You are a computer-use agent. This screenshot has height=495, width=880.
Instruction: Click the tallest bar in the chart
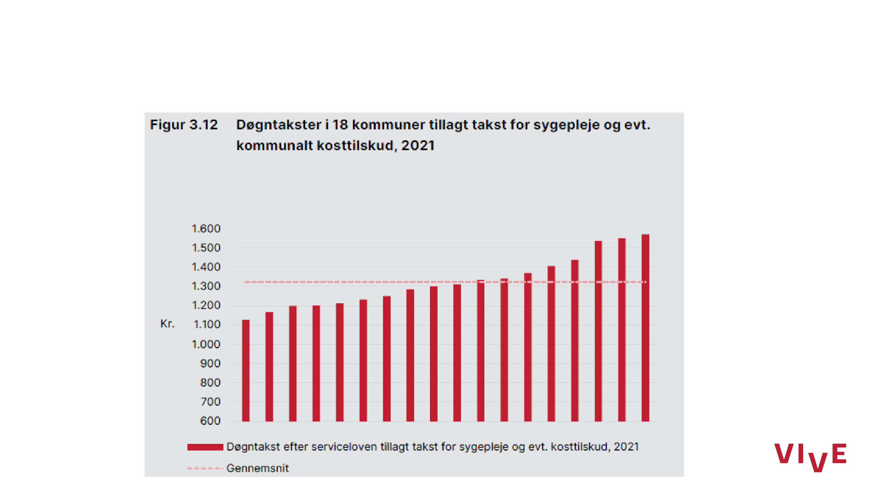pyautogui.click(x=645, y=328)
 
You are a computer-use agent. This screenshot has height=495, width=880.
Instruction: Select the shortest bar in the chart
pyautogui.click(x=245, y=371)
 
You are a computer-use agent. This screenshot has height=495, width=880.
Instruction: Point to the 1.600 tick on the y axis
pyautogui.click(x=206, y=229)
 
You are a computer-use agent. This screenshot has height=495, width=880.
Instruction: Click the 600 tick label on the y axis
pyautogui.click(x=210, y=421)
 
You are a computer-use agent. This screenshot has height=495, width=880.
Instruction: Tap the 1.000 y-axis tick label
pyautogui.click(x=206, y=344)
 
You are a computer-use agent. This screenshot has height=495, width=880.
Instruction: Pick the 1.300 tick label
pyautogui.click(x=206, y=286)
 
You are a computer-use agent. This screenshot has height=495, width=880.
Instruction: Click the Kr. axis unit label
pyautogui.click(x=167, y=323)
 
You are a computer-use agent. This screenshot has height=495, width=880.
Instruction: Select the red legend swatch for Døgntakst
pyautogui.click(x=205, y=447)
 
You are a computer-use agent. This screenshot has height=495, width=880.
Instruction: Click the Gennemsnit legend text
pyautogui.click(x=258, y=468)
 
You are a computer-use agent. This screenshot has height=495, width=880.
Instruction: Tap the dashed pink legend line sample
pyautogui.click(x=205, y=468)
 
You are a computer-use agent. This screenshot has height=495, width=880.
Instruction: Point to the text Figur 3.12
pyautogui.click(x=184, y=125)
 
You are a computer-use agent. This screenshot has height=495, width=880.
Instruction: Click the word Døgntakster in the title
pyautogui.click(x=279, y=125)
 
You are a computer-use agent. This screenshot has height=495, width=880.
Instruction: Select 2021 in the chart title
pyautogui.click(x=417, y=146)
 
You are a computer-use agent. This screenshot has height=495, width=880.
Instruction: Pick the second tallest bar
pyautogui.click(x=622, y=330)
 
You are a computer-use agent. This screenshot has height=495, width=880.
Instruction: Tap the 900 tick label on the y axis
pyautogui.click(x=210, y=363)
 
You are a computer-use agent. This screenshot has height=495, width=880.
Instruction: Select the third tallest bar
pyautogui.click(x=598, y=331)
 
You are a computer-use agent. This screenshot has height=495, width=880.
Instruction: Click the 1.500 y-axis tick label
pyautogui.click(x=206, y=248)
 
